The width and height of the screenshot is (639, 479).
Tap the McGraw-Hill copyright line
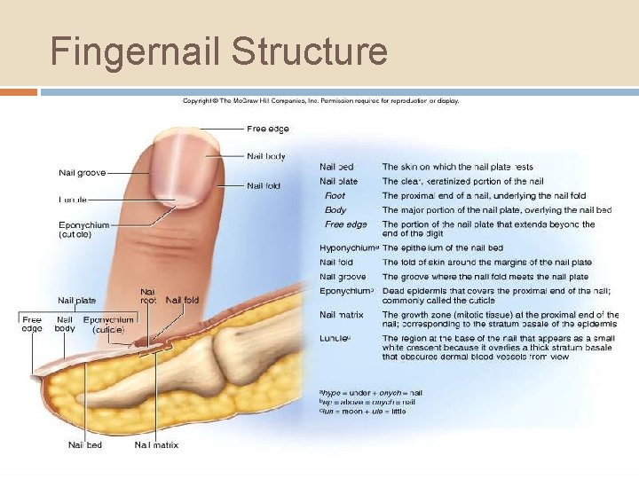pyautogui.click(x=320, y=101)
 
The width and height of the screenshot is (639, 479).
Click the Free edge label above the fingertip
pyautogui.click(x=267, y=130)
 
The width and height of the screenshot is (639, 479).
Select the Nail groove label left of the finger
pyautogui.click(x=83, y=172)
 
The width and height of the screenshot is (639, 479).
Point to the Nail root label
pyautogui.click(x=149, y=295)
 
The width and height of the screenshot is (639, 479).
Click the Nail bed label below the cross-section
pyautogui.click(x=85, y=444)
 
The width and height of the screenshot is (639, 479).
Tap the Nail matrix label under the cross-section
pyautogui.click(x=156, y=444)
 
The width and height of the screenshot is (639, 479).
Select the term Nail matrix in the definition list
pyautogui.click(x=343, y=314)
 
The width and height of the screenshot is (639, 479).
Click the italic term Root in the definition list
pyautogui.click(x=335, y=195)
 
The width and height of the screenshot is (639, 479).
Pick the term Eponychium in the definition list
pyautogui.click(x=346, y=290)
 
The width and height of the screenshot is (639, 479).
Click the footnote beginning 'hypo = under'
pyautogui.click(x=371, y=392)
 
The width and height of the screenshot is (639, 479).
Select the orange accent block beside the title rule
pyautogui.click(x=19, y=91)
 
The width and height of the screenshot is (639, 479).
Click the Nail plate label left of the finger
pyautogui.click(x=77, y=301)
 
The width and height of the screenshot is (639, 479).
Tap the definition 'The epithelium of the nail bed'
pyautogui.click(x=442, y=247)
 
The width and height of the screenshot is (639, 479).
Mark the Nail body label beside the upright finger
pyautogui.click(x=266, y=157)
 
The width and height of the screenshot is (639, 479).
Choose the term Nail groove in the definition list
pyautogui.click(x=343, y=277)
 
